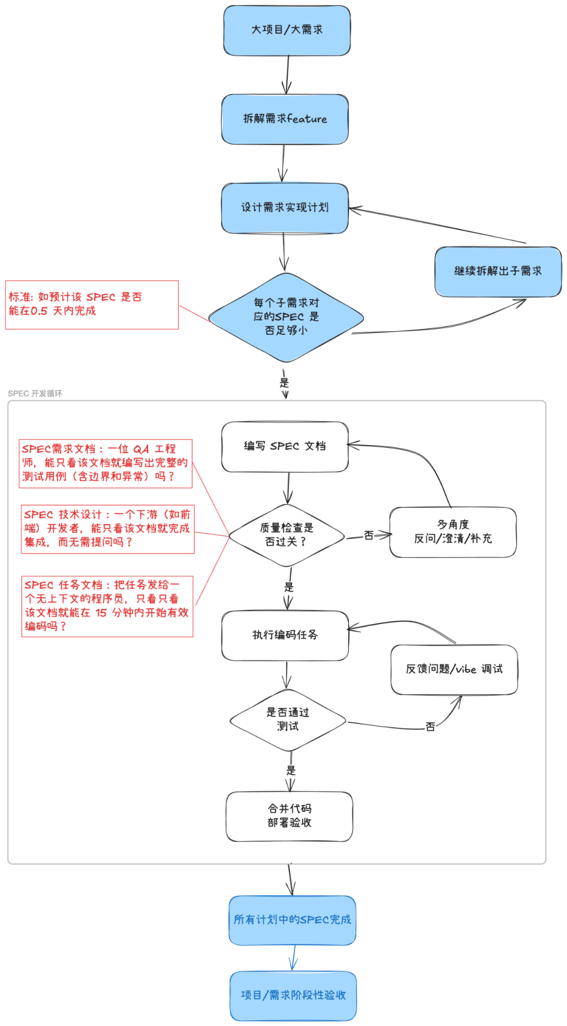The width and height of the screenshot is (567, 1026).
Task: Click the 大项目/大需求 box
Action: tap(287, 30)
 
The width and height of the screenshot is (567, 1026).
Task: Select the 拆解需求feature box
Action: tap(285, 119)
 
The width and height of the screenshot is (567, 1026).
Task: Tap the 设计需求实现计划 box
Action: tap(285, 208)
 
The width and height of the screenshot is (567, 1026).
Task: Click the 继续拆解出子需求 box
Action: tap(498, 271)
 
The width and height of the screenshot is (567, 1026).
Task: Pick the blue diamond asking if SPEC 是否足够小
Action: tap(286, 317)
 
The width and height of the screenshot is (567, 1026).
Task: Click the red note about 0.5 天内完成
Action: tap(92, 305)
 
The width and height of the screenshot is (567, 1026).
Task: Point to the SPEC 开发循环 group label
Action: tap(35, 393)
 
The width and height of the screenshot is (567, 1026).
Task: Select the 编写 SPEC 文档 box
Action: tap(285, 447)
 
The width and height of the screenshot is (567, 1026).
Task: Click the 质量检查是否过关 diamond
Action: tap(287, 535)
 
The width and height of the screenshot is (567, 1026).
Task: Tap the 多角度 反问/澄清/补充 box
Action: tap(453, 532)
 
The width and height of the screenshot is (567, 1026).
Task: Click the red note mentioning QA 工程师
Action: tap(106, 463)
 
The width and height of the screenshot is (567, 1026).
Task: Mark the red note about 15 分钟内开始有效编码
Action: tap(107, 606)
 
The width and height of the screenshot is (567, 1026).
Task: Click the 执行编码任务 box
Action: tap(285, 635)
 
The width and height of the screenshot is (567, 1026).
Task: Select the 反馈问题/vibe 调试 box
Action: tap(454, 669)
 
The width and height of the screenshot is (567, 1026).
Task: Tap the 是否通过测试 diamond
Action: tap(288, 720)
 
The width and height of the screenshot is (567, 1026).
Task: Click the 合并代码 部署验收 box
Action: tap(289, 816)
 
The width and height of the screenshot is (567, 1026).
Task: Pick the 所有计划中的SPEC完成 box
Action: tap(292, 920)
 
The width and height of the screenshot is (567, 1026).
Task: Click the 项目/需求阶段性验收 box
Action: tap(293, 996)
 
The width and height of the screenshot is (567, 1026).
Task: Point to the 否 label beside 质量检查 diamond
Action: tap(369, 535)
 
